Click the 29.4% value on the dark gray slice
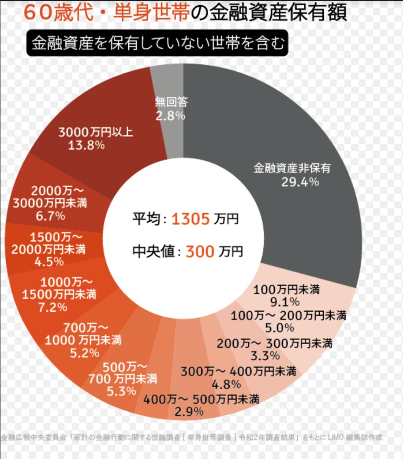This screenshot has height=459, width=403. click(x=300, y=182)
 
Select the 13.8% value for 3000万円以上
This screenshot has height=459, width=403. click(x=86, y=145)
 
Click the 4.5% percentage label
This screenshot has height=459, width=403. click(x=49, y=261)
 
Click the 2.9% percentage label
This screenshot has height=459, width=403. click(x=189, y=411)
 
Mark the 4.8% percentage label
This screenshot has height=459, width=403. click(x=226, y=384)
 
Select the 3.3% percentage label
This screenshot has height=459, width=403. click(x=264, y=356)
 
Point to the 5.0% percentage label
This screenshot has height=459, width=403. click(x=280, y=328)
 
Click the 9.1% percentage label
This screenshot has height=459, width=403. click(x=287, y=302)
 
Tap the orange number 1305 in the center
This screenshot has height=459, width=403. click(x=190, y=219)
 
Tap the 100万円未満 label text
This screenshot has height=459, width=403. click(x=287, y=290)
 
